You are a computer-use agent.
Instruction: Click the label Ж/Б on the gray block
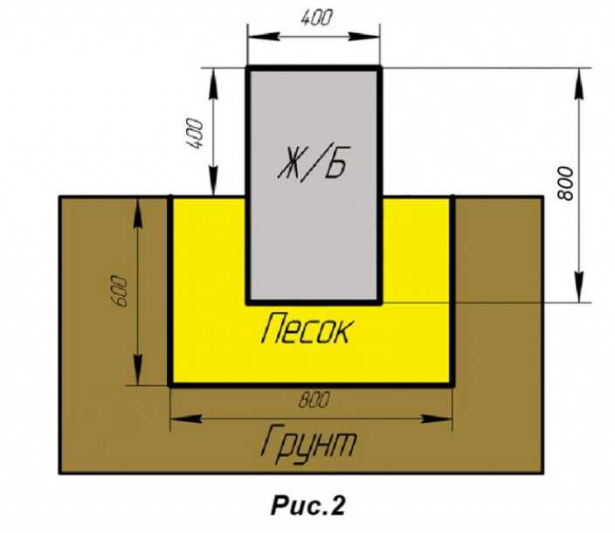point(313,163)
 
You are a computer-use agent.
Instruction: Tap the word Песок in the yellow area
point(306,329)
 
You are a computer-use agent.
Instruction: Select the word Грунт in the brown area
point(308,444)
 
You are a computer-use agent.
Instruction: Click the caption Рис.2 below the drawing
point(307,505)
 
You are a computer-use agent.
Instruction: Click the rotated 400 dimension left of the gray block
point(195,134)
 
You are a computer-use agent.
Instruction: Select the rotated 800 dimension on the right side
point(565,183)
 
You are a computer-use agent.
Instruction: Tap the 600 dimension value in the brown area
point(119,291)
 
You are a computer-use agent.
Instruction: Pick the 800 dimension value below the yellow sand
point(314,400)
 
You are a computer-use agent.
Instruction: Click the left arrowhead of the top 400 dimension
point(264,37)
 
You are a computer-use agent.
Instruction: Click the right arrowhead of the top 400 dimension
point(364,37)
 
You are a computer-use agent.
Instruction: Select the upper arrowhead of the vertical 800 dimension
point(579,84)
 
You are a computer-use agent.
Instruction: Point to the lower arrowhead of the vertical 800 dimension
point(579,287)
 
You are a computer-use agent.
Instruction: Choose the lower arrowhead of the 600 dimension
point(138,370)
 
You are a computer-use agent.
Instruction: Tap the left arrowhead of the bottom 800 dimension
point(187,419)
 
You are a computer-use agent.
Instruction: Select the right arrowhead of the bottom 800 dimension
point(436,419)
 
